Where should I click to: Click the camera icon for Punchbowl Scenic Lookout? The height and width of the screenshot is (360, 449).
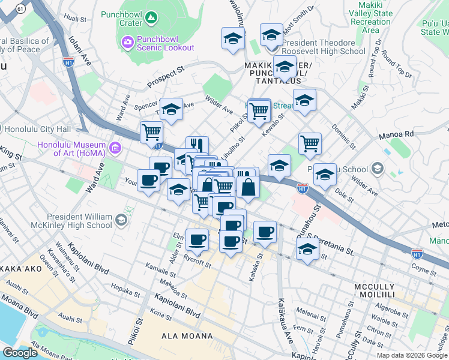(127, 41)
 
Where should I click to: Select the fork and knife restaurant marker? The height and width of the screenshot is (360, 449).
(197, 146)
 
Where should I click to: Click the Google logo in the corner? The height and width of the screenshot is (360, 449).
(20, 353)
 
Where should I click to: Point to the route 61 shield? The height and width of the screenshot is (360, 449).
(21, 9)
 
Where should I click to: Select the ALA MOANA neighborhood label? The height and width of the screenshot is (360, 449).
(187, 337)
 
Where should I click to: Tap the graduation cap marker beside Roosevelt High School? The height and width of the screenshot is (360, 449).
(271, 35)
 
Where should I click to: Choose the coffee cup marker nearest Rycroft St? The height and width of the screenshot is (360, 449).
(197, 241)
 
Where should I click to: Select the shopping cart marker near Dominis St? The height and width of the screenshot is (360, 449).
(310, 143)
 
